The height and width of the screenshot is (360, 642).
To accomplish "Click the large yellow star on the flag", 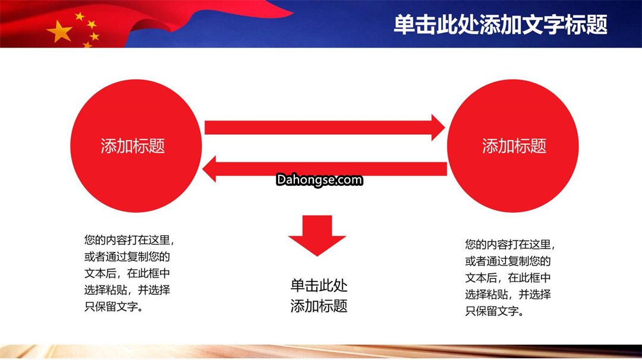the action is point(60,31).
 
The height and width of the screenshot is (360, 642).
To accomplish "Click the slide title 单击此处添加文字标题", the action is point(501,24).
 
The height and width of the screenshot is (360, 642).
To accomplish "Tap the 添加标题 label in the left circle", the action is point(133,146).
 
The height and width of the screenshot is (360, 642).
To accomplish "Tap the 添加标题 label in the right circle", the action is point(514,146).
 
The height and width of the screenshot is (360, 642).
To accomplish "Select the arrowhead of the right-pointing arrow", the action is point(438,128).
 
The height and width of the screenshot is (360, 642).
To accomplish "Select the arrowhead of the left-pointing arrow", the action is point(209,169).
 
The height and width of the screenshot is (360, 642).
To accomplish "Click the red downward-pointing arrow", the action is point(317,235).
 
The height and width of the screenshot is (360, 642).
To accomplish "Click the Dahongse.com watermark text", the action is point(319,180).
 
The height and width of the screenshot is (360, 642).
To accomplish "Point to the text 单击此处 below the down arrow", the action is point(319,286).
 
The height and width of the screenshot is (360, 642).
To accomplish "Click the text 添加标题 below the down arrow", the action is point(319,305).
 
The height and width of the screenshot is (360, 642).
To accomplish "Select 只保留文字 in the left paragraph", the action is point(111,307).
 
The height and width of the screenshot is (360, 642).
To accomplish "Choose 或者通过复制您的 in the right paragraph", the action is point(508,261).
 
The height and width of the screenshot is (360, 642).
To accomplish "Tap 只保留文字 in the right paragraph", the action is point(492,311).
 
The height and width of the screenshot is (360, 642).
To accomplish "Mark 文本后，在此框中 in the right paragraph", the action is point(508,278).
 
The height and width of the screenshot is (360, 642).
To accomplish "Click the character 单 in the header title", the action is point(404,25).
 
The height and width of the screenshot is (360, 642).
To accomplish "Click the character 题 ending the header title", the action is point(597,25).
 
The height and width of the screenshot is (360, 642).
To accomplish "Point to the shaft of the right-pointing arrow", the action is point(317,128).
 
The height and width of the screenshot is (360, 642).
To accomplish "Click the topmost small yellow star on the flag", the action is point(80,17).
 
